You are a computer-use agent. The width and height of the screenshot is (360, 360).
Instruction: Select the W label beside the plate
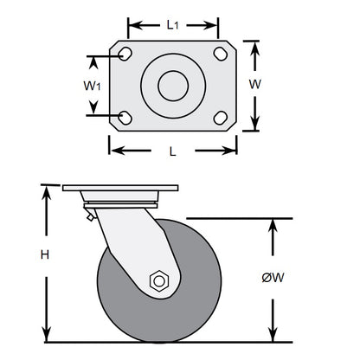[x=255, y=85]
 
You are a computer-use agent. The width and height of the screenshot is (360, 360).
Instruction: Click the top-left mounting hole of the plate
[x=126, y=55]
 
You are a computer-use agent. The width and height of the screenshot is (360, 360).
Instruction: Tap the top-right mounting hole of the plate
[x=219, y=55]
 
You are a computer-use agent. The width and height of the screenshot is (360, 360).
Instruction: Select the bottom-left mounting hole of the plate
[x=126, y=117]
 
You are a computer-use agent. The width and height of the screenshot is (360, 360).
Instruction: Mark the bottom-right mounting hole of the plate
[x=219, y=117]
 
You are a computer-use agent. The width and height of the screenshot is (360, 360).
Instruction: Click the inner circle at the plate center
[x=173, y=86]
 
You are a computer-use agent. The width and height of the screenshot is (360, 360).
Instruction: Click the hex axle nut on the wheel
[x=158, y=280]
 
